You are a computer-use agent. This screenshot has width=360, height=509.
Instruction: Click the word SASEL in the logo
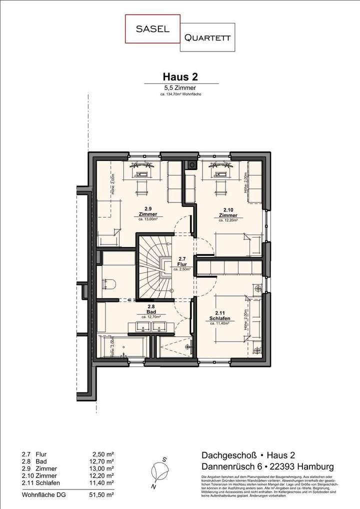pos(152,29)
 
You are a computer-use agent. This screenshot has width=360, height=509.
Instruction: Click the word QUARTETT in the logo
pos(207,37)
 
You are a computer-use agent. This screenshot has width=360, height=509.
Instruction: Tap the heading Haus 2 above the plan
pos(180,76)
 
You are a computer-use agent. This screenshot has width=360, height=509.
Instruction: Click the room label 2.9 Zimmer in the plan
pos(148,212)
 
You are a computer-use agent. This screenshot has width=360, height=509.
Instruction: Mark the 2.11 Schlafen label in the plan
pos(219,316)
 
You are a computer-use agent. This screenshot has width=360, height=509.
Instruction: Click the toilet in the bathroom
pos(109,284)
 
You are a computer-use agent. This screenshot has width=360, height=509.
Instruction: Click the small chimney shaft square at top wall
pos(191,164)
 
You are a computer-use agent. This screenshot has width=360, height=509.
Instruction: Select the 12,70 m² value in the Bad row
pos(102,461)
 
